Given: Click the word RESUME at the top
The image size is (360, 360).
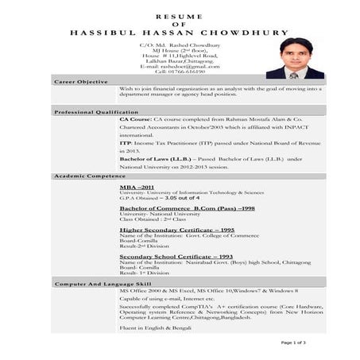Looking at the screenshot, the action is [179, 15].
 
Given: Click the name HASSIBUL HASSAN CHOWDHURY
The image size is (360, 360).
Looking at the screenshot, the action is [180, 33].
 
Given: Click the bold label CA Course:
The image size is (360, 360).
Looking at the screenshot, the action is [137, 118].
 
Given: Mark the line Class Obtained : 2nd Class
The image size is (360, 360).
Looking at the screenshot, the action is [148, 219].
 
